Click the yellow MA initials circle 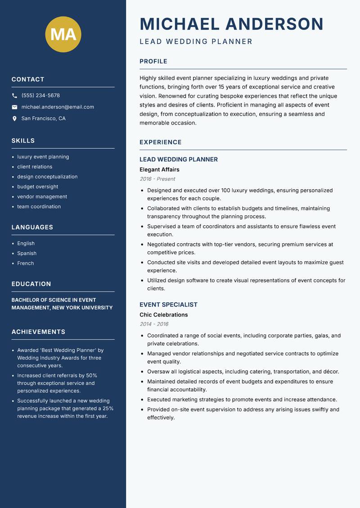[63, 35]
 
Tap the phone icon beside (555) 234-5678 [14, 96]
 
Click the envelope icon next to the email [14, 107]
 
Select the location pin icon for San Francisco [14, 119]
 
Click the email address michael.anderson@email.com [58, 107]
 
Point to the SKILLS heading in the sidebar [23, 141]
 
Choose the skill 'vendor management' [42, 196]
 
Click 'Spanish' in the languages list [27, 253]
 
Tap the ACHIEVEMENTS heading [38, 332]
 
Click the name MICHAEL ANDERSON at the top [231, 24]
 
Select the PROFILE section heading [153, 62]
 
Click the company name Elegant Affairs [159, 169]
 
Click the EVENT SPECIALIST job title [168, 304]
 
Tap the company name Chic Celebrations [163, 315]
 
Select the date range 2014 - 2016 [154, 324]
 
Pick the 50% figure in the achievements [92, 375]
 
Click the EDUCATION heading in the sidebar [31, 284]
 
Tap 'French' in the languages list [25, 263]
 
